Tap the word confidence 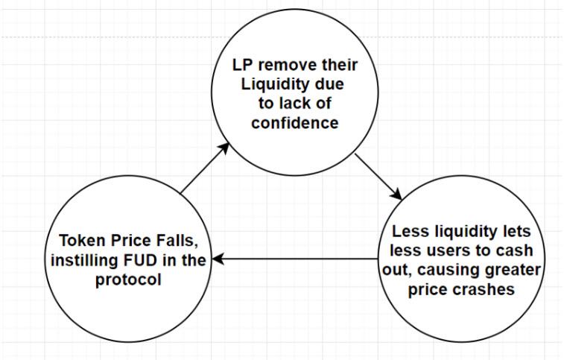tap(295, 123)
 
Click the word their tap(340, 65)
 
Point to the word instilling tap(85, 261)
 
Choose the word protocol tap(128, 280)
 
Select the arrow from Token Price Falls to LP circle tap(205, 168)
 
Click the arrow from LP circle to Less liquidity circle tap(378, 177)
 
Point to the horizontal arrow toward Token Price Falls tap(295, 259)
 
